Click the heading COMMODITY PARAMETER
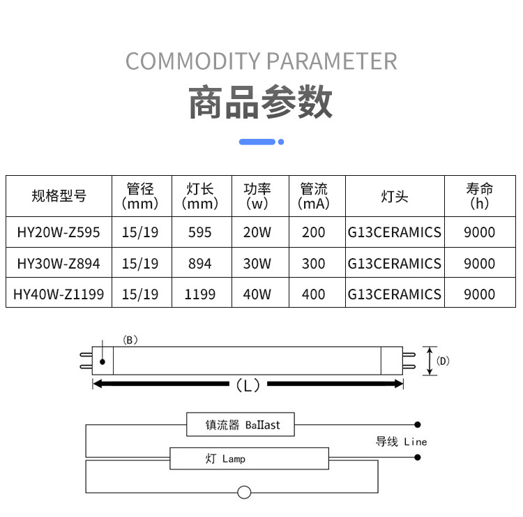coord(261,61)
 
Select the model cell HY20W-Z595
coord(59,232)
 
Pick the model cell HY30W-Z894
coord(59,264)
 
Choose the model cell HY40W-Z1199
coord(59,294)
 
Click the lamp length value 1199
coord(199,294)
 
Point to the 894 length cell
coord(199,264)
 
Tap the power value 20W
coord(257,232)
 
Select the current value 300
coord(314,264)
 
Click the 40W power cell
coord(257,294)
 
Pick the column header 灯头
coord(394,196)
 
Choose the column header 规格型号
coord(59,196)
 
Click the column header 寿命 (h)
coord(480,196)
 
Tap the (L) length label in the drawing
coord(248,384)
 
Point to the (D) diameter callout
coord(442,361)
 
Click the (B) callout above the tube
coord(130,340)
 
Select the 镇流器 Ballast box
coord(241,424)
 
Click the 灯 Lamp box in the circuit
coord(250,458)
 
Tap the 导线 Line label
coord(401,441)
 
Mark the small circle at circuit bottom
coord(244,492)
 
